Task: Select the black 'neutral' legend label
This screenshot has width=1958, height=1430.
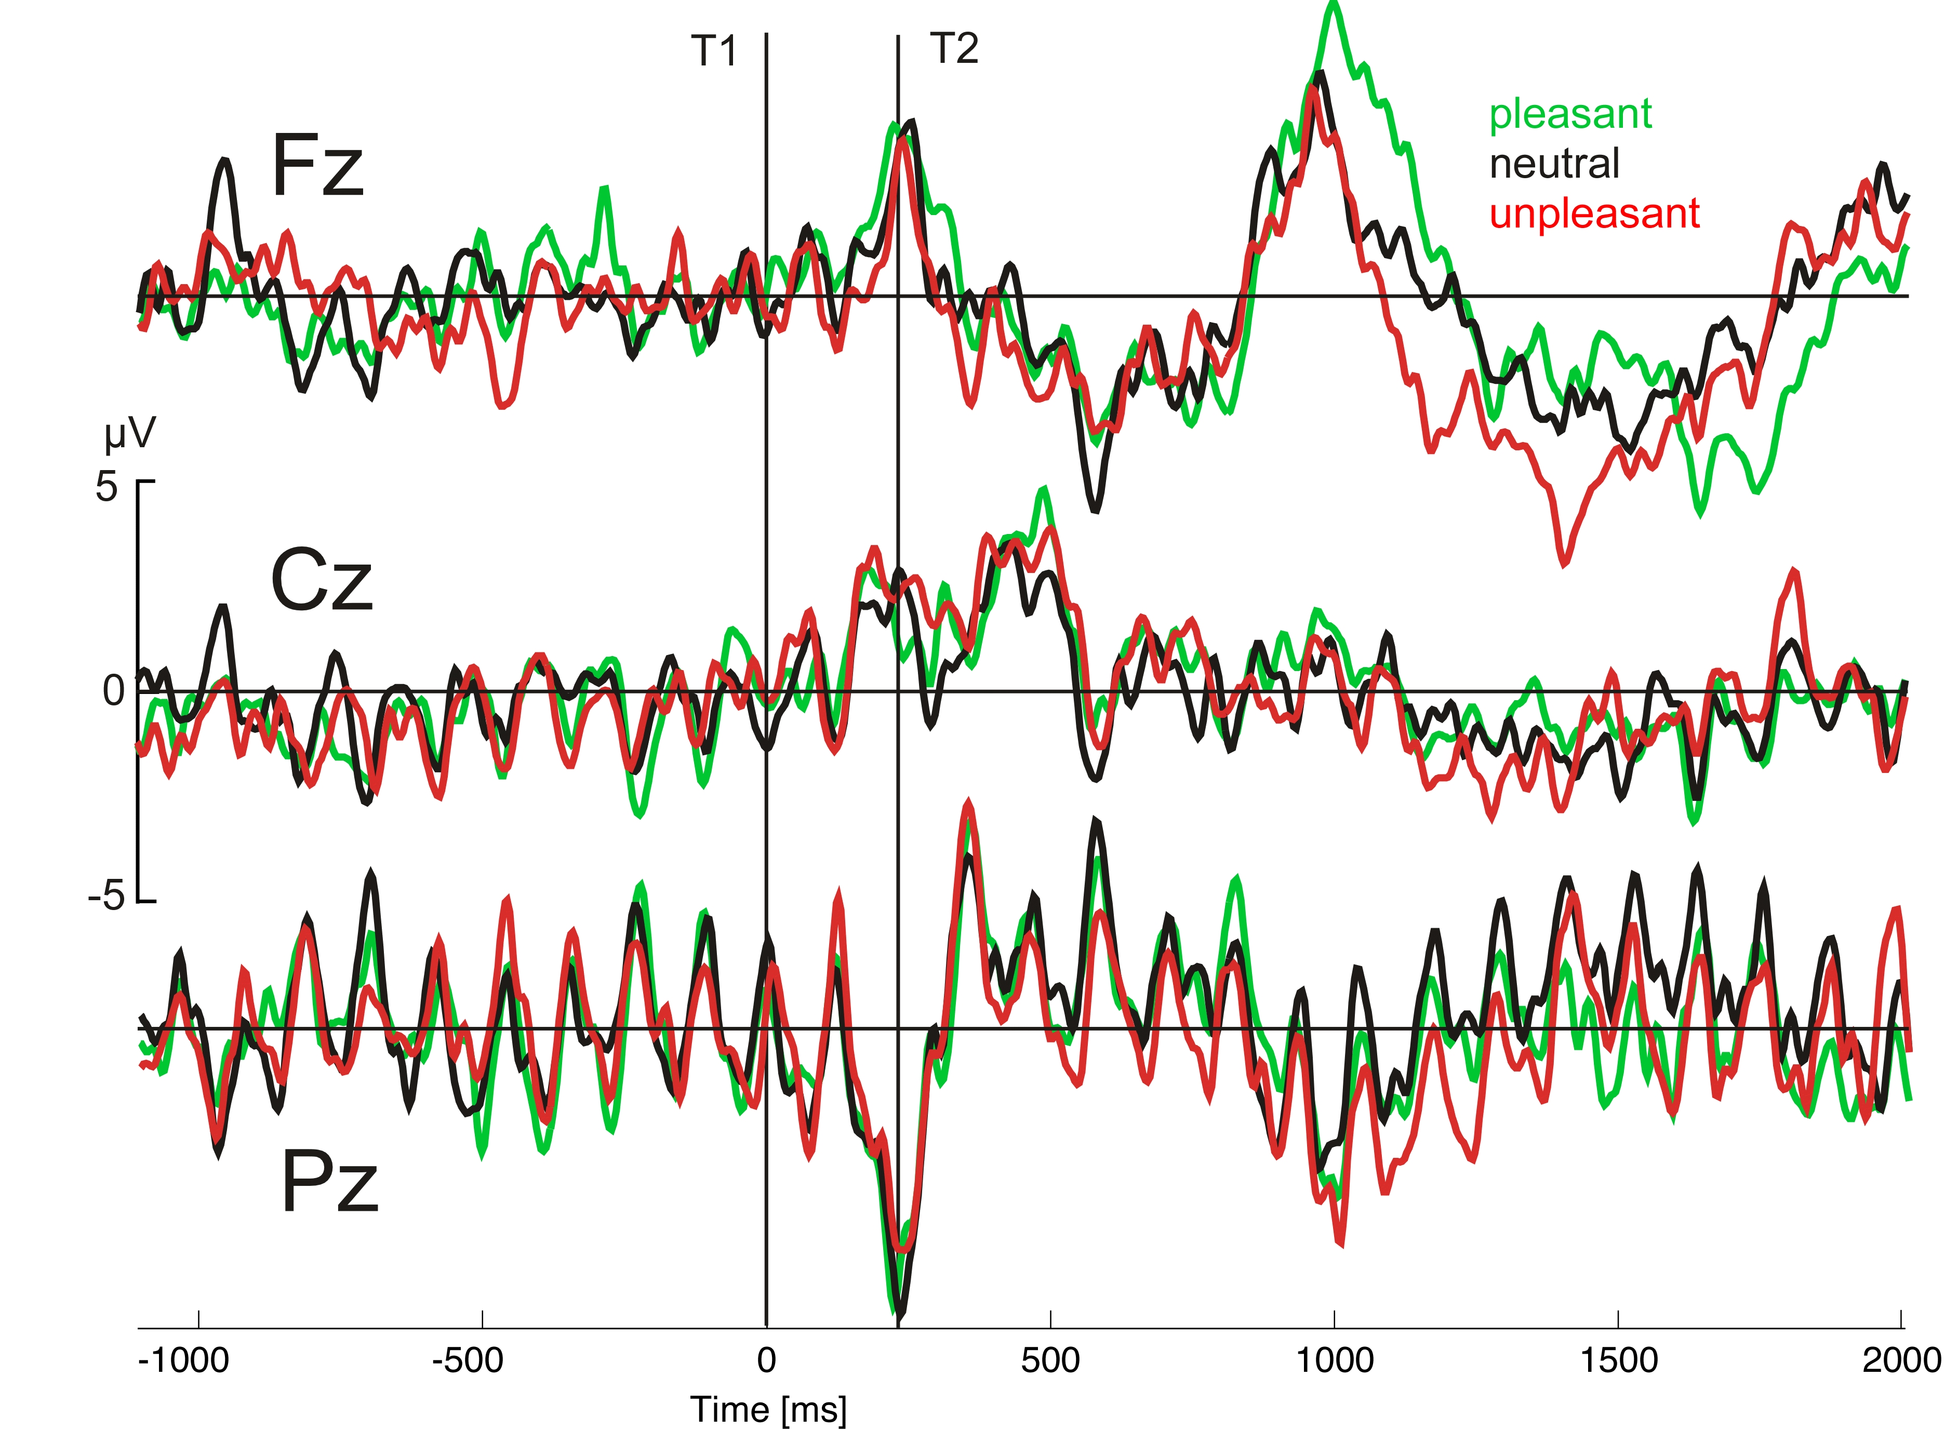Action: coord(1554,164)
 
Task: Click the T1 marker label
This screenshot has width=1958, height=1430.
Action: coord(713,51)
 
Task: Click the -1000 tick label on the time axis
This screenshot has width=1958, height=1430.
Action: coord(183,1361)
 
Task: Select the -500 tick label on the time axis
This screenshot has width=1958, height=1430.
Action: coord(468,1361)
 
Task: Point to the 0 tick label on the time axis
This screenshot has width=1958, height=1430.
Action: coord(766,1361)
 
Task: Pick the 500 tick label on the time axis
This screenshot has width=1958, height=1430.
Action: coord(1050,1361)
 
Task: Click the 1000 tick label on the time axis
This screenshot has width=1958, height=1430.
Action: coord(1334,1361)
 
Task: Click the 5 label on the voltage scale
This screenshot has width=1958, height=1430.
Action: coord(106,487)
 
